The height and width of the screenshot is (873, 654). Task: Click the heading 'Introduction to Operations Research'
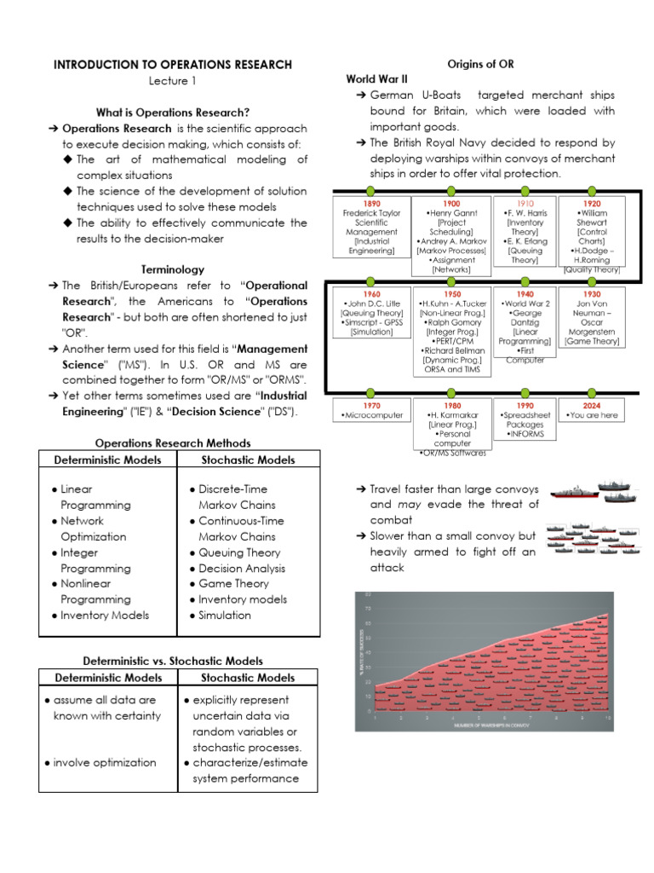coord(173,65)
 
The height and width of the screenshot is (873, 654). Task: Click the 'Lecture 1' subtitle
coord(173,81)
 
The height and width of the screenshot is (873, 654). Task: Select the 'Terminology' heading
coord(173,269)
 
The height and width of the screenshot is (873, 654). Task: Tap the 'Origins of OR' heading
coord(480,65)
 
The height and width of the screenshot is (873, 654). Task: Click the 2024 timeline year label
coord(592,406)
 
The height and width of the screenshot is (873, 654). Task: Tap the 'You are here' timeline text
coord(593,415)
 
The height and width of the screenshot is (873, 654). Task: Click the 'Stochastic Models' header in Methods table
coord(248,460)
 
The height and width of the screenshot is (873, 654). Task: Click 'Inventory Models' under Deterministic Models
coord(105,616)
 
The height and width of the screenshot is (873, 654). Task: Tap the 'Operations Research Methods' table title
coord(173,443)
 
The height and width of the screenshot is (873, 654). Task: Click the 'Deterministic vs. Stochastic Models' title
coord(173,661)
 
